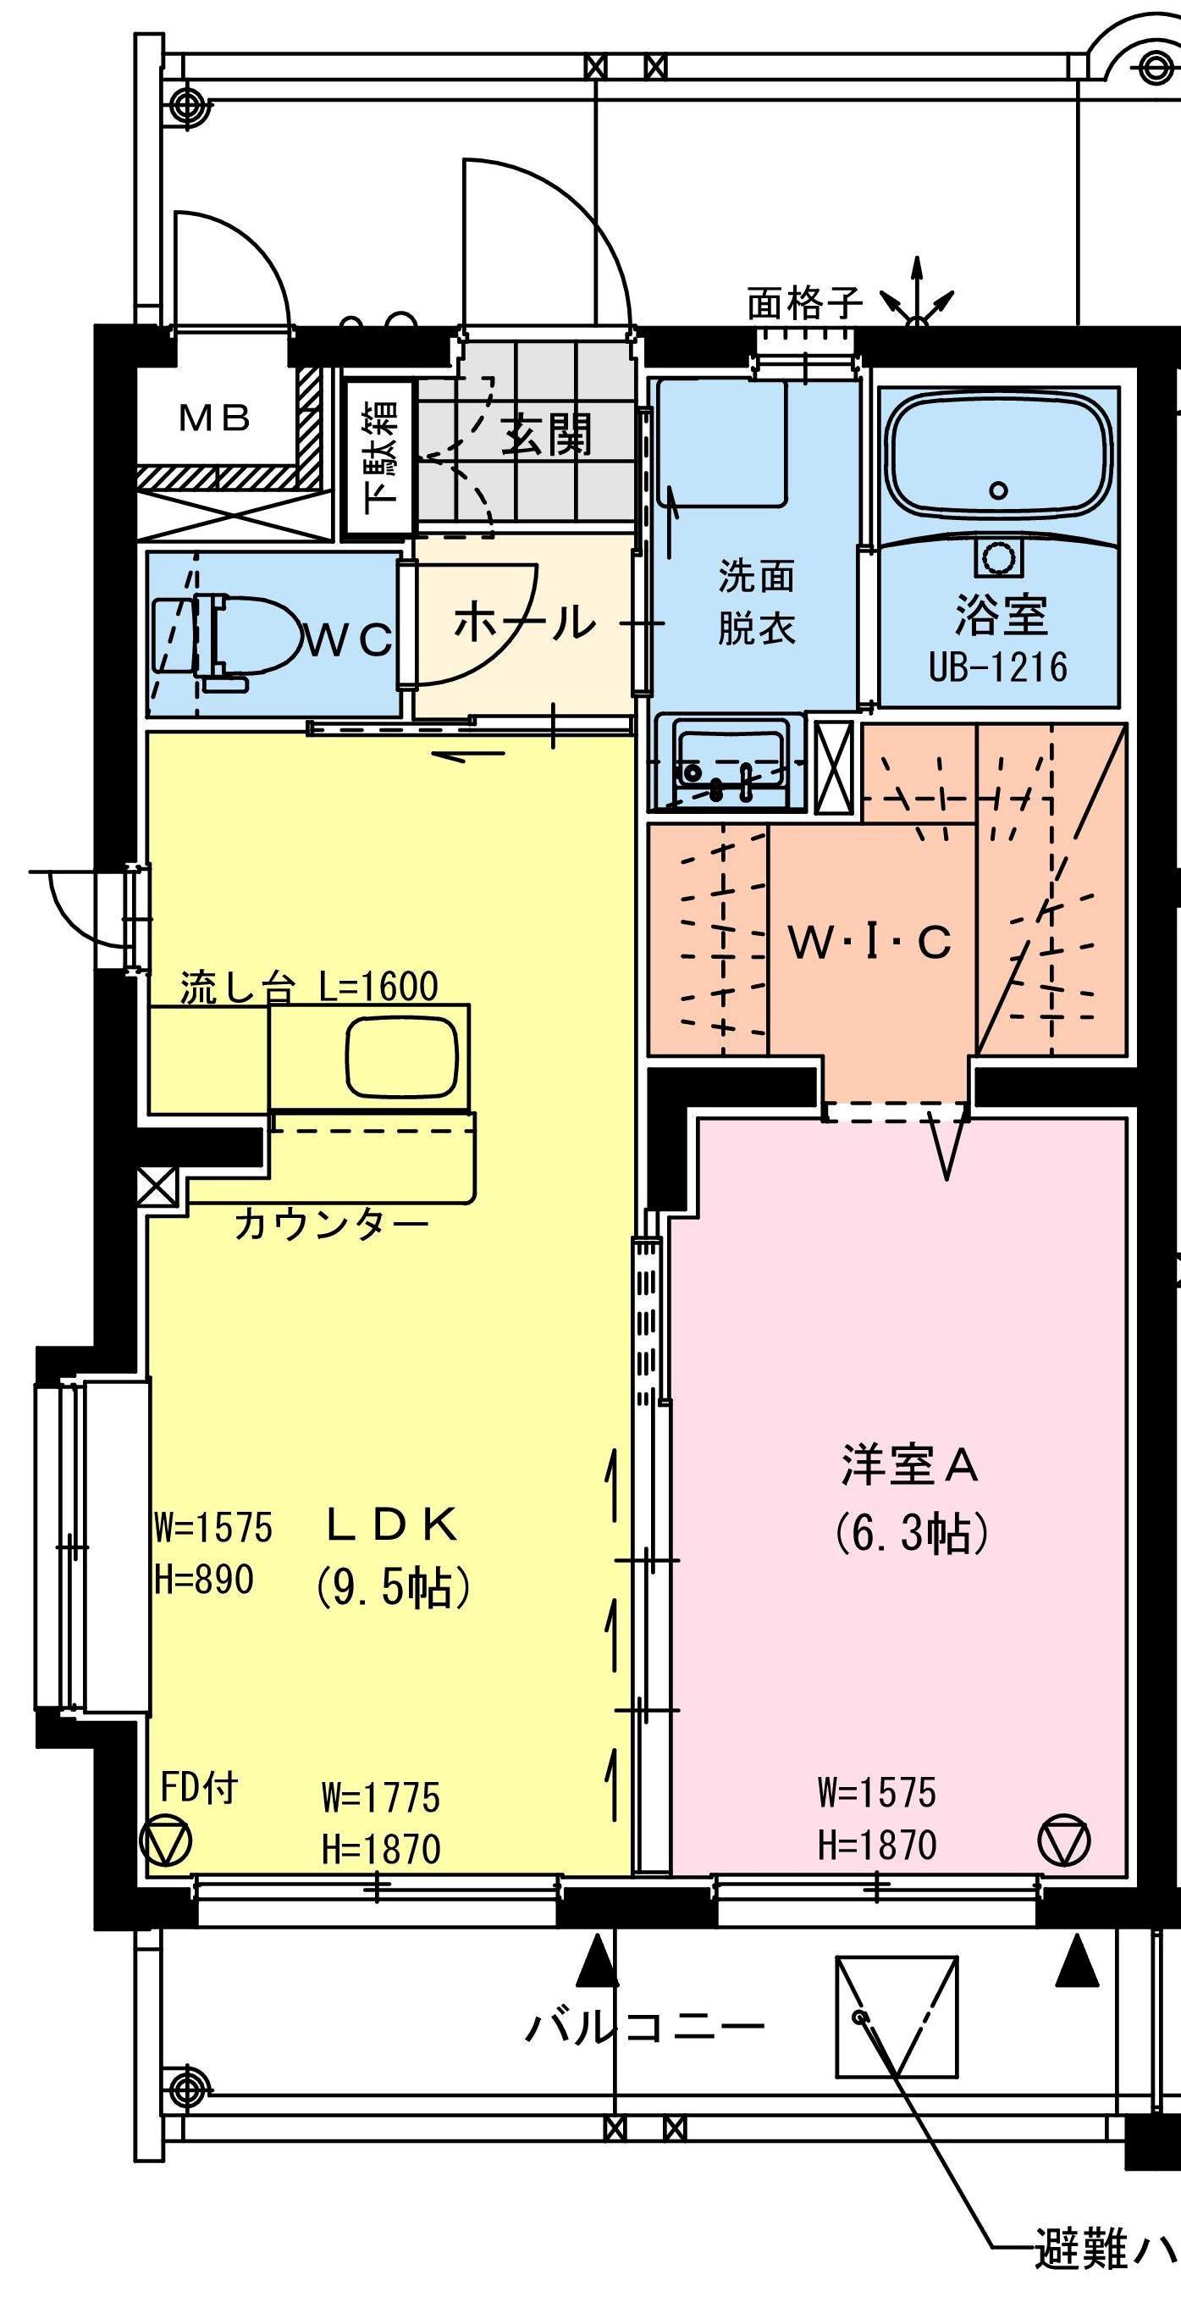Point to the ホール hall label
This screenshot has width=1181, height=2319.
(x=524, y=622)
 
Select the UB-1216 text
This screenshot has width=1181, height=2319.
(x=998, y=667)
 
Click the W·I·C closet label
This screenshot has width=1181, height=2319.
(x=869, y=943)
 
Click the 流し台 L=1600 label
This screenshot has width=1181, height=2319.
(x=309, y=987)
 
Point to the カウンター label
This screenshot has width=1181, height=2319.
(x=330, y=1225)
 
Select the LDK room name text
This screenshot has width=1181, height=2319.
(x=393, y=1525)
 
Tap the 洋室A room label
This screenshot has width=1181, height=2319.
(x=910, y=1464)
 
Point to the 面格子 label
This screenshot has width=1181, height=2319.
(x=805, y=303)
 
